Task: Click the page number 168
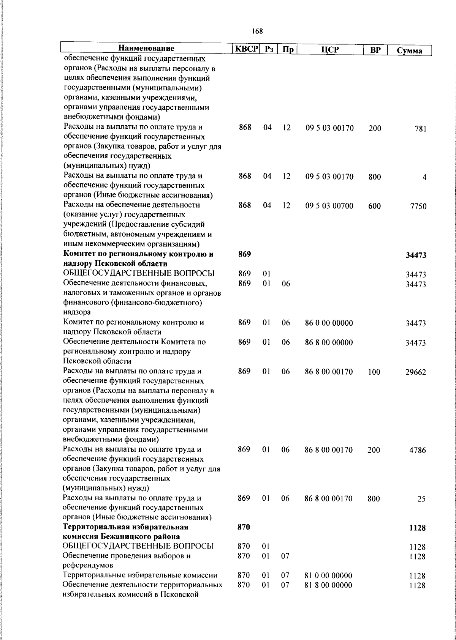[x=257, y=31]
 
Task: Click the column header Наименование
[x=146, y=49]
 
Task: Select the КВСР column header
[x=246, y=49]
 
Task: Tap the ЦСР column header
[x=329, y=50]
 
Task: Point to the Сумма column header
[x=409, y=50]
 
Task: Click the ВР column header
[x=375, y=50]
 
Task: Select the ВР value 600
[x=374, y=206]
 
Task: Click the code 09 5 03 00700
[x=329, y=206]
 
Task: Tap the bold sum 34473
[x=416, y=255]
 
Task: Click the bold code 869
[x=244, y=254]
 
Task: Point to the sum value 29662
[x=415, y=372]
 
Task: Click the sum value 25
[x=421, y=499]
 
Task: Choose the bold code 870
[x=244, y=527]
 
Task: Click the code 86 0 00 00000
[x=329, y=323]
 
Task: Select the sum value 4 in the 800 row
[x=424, y=178]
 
